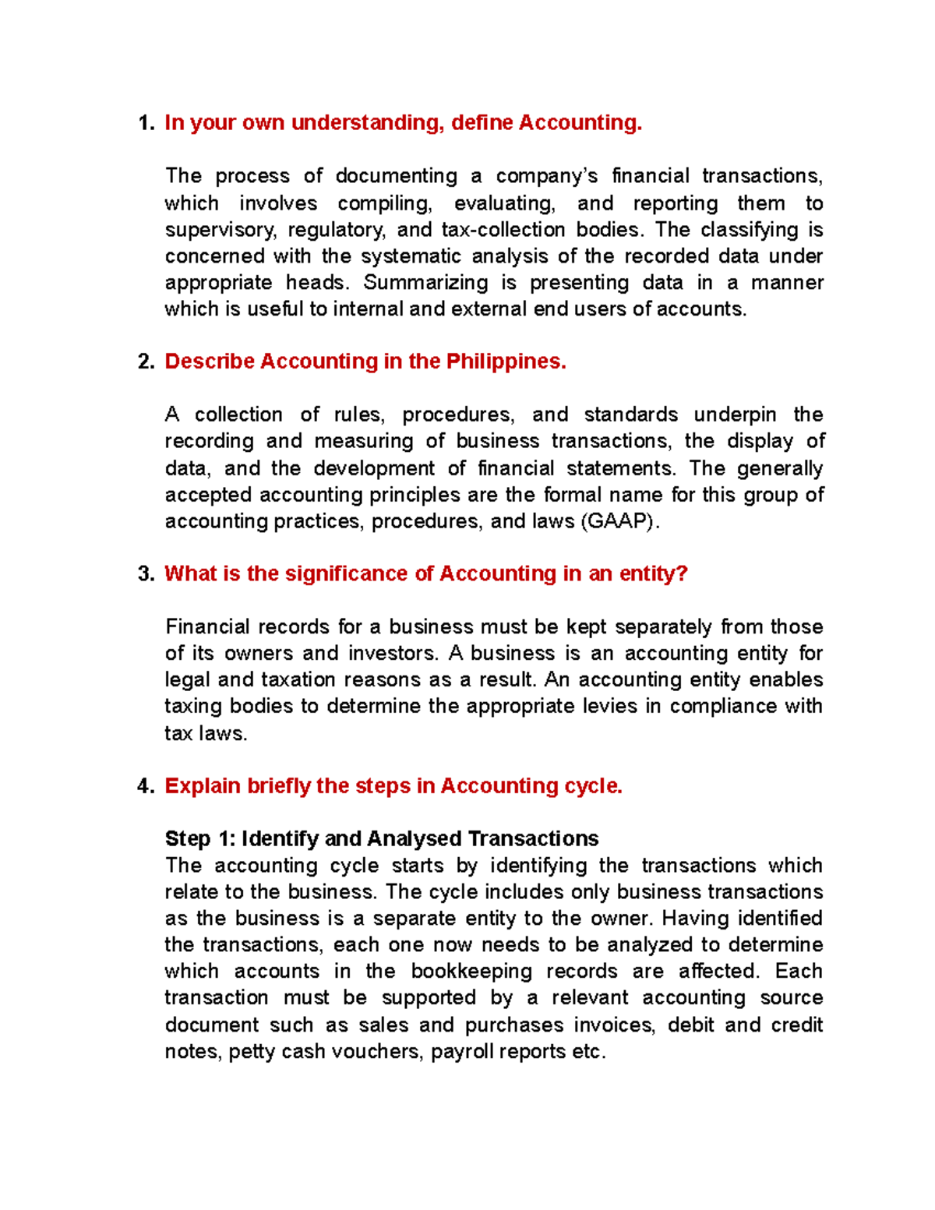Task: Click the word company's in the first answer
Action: (547, 176)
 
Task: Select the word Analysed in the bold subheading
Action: (414, 839)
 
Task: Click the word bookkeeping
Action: (471, 972)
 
